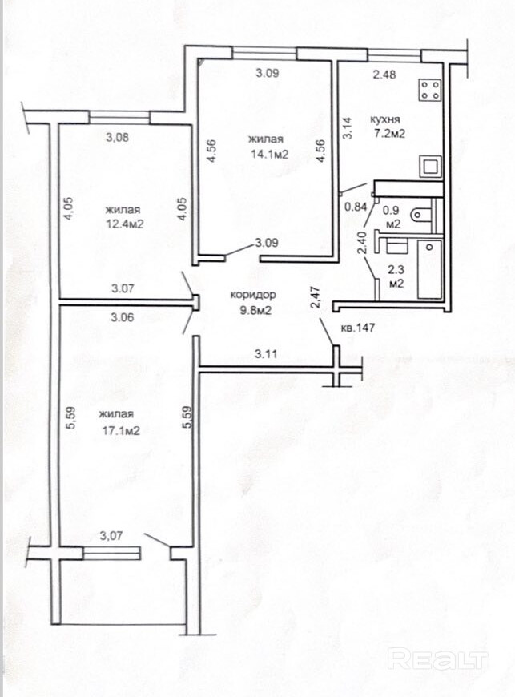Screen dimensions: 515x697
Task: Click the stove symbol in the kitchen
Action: pos(430,90)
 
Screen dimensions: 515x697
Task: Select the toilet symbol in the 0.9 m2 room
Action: pos(422,216)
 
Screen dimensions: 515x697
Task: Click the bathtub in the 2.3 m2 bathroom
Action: pos(429,269)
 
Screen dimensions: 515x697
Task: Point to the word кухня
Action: pos(385,119)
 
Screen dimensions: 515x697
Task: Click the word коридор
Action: pos(253,294)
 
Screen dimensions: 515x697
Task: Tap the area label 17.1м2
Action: pos(120,430)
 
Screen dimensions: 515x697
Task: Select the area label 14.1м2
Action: pos(268,155)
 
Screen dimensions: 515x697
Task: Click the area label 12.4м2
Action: pos(124,224)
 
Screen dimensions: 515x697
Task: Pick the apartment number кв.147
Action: pos(358,328)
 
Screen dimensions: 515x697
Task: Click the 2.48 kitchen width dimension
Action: pos(384,75)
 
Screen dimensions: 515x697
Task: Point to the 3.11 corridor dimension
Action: pos(266,354)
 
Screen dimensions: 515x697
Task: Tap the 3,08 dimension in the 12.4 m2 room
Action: pos(118,137)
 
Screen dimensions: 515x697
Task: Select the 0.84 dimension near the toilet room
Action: pos(356,206)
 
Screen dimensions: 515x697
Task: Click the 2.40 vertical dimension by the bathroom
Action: pos(362,244)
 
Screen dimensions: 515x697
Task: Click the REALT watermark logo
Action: pos(437,659)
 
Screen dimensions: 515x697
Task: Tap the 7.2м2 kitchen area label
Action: pos(389,133)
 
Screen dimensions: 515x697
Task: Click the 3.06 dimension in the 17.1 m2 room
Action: pos(123,317)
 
